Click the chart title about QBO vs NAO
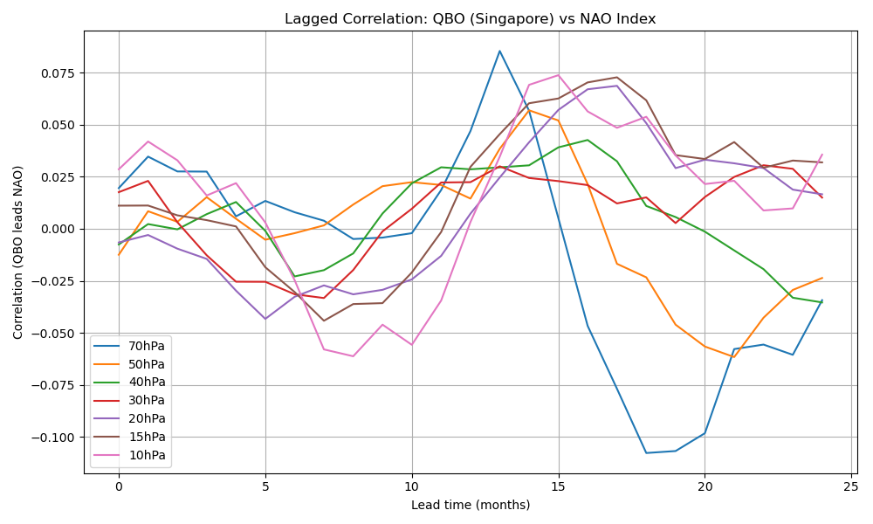coord(470,19)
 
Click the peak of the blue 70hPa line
coord(499,51)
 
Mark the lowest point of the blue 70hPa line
coord(646,452)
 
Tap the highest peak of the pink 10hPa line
coord(558,74)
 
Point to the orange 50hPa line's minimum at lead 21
coord(734,357)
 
